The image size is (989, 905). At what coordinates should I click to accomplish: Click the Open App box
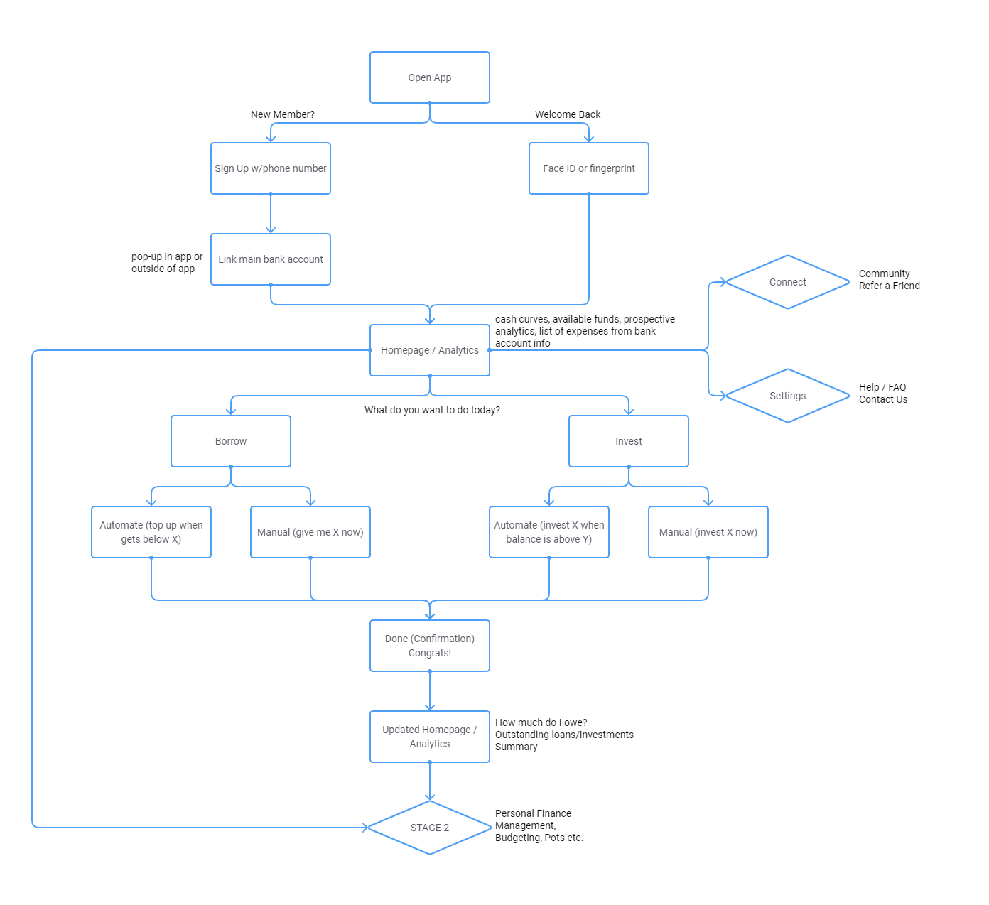(429, 77)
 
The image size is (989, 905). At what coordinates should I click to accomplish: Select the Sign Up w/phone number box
(270, 168)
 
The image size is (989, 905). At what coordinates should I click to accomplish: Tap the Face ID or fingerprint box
(588, 168)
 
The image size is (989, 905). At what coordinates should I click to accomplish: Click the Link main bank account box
(270, 259)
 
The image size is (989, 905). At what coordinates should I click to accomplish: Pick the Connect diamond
(787, 282)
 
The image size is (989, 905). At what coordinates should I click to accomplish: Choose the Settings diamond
(787, 396)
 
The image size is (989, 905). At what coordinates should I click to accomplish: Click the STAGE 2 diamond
(429, 828)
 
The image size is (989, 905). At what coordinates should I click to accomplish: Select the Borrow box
(230, 441)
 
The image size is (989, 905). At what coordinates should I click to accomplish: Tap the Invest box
(628, 441)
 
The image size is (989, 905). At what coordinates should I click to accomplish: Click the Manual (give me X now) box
(310, 532)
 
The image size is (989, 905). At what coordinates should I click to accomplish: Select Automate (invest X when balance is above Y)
(548, 532)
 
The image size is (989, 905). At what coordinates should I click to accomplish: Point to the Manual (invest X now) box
(708, 532)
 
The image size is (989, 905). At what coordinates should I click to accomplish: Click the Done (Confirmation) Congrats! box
(429, 646)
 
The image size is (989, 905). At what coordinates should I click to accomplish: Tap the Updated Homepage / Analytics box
(429, 737)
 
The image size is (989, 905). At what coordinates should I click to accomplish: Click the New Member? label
(282, 114)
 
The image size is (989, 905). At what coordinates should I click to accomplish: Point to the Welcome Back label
(567, 114)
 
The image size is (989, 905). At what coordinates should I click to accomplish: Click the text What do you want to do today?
(432, 410)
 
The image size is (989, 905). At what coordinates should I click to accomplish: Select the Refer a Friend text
(889, 286)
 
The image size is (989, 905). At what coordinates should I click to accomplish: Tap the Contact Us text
(882, 399)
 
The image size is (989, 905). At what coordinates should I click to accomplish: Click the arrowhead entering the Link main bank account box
(271, 229)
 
